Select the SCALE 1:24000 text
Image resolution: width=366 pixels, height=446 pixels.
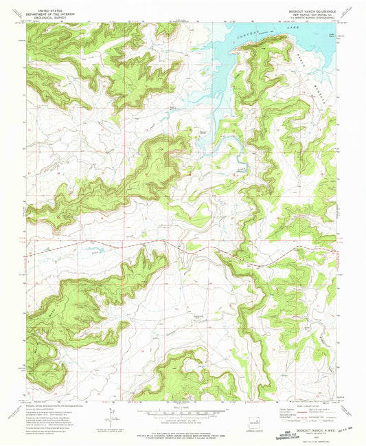tap(180, 410)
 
